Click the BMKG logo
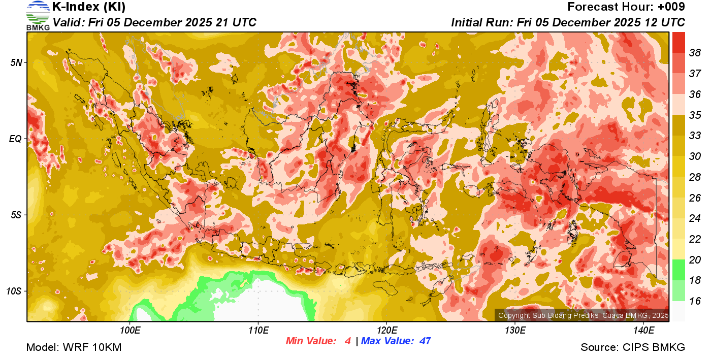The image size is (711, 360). [38, 15]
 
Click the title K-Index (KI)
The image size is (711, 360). [89, 7]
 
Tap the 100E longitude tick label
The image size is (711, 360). [130, 331]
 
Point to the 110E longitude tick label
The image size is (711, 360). [258, 331]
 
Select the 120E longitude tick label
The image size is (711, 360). [386, 331]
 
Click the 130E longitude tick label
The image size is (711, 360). [515, 331]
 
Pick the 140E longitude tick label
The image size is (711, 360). [643, 331]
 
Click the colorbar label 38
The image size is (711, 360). [695, 53]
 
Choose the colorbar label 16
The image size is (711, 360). [695, 301]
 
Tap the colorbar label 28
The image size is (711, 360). [695, 177]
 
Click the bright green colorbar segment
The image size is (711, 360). [678, 270]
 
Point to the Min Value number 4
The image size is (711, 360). [347, 341]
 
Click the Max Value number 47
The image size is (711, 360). [425, 341]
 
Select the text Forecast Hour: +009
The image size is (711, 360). [626, 7]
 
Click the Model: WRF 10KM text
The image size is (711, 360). [74, 348]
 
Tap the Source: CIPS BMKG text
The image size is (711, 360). [633, 348]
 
